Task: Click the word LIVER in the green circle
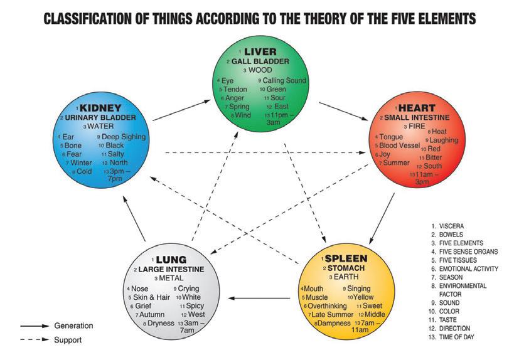[260, 51]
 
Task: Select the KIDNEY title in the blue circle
[104, 107]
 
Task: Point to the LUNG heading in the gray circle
[171, 259]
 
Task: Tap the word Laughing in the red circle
[444, 140]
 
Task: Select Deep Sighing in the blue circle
[123, 137]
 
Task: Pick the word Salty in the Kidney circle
[117, 154]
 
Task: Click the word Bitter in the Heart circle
[434, 157]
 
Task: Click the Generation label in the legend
[73, 326]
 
